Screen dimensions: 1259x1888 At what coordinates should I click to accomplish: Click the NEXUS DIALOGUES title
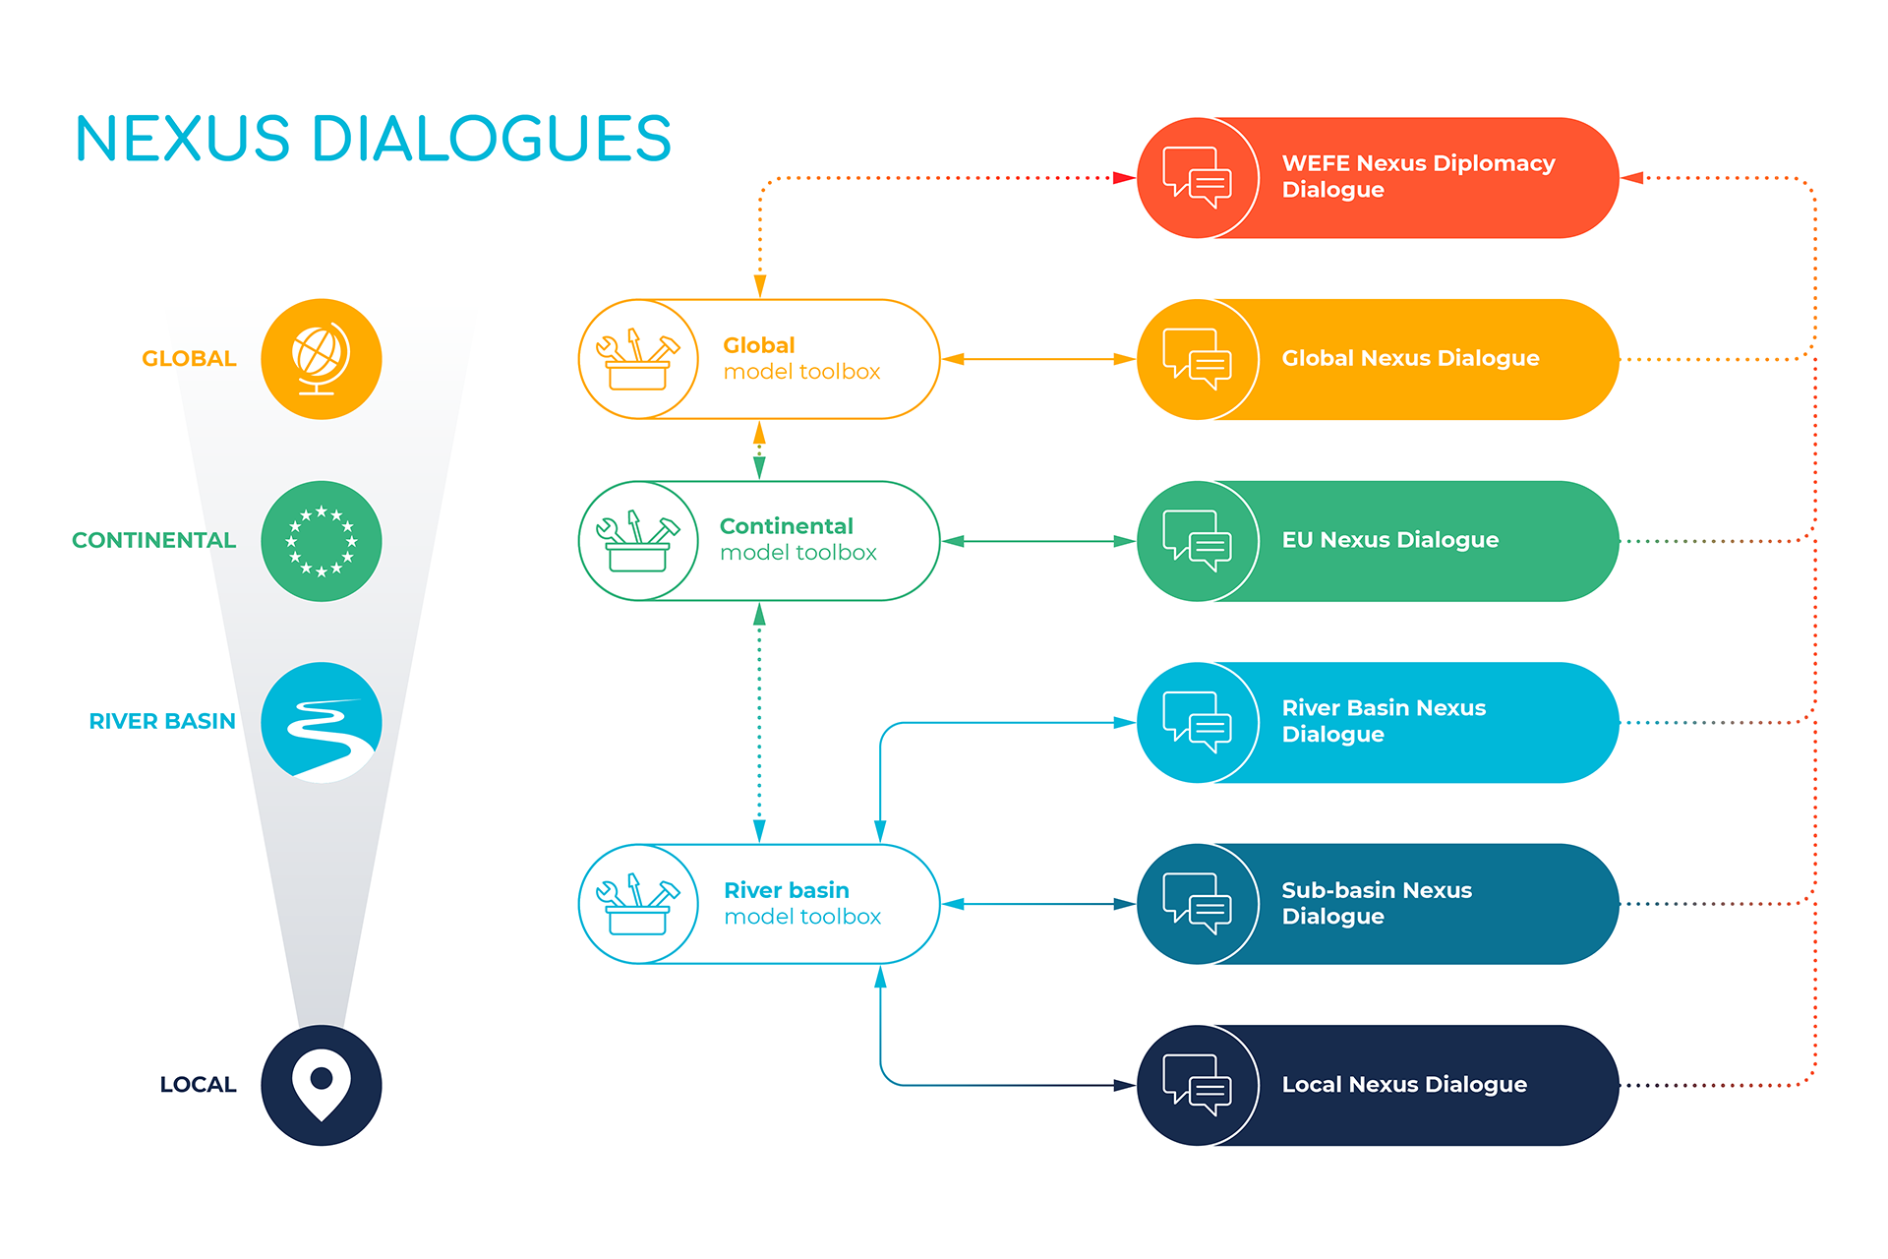coord(373,139)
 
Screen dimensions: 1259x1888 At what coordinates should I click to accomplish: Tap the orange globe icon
coord(321,359)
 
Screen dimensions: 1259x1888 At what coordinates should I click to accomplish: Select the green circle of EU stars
coord(321,541)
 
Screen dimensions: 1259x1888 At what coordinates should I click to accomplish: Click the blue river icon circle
coord(321,723)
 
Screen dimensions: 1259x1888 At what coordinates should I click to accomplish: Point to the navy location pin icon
coord(321,1085)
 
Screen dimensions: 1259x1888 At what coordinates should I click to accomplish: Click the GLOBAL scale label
coord(189,359)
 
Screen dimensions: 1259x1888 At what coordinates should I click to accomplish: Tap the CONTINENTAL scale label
coord(153,541)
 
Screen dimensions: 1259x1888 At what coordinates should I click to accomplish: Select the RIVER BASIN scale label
coord(162,722)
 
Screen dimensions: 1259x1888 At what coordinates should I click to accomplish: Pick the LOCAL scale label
coord(198,1085)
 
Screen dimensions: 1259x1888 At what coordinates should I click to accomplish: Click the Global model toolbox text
coord(801,359)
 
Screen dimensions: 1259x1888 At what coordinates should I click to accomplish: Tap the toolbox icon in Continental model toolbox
coord(637,541)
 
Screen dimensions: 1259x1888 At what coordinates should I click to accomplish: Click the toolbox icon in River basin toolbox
coord(637,904)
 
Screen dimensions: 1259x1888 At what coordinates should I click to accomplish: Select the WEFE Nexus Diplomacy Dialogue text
coord(1417,177)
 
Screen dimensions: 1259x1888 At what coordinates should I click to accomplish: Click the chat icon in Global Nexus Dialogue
coord(1197,359)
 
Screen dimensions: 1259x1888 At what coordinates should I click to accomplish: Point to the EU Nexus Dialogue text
coord(1389,540)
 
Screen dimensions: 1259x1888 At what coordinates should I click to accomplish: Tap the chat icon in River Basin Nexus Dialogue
coord(1197,723)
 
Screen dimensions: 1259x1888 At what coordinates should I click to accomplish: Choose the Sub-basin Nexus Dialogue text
coord(1376,903)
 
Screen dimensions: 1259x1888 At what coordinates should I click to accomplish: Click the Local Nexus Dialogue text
coord(1403,1085)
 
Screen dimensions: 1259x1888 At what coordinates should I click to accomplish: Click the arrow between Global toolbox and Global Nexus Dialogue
coord(1038,359)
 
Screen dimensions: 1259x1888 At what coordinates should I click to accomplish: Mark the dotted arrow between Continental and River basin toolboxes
coord(759,723)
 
